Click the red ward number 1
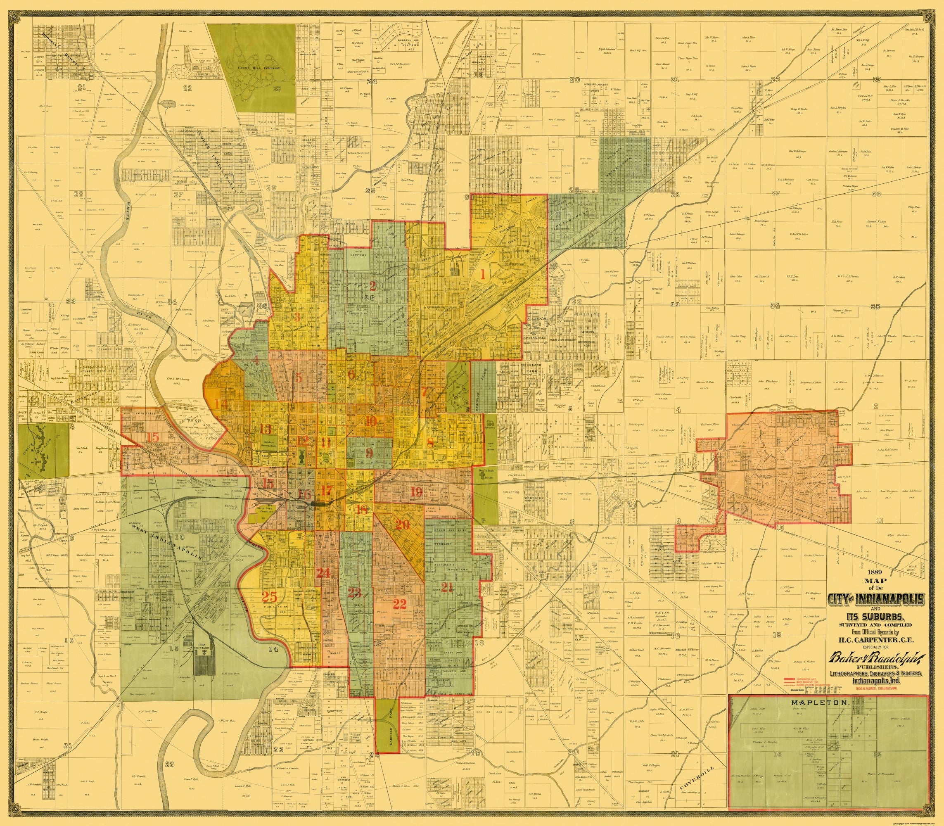[483, 275]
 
